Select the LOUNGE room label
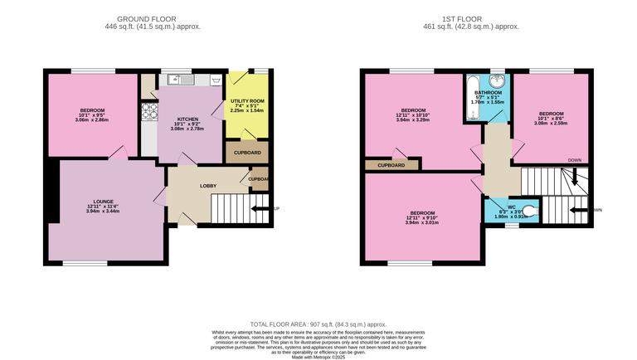[103, 201]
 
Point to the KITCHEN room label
[181, 119]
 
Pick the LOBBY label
[208, 186]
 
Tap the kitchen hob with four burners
[149, 110]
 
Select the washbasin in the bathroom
[498, 81]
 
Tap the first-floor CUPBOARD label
[391, 165]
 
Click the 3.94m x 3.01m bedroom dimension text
[422, 222]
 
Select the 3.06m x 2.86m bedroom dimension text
[92, 120]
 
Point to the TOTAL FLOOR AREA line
[318, 324]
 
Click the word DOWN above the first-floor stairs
[575, 159]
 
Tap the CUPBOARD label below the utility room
[246, 153]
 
